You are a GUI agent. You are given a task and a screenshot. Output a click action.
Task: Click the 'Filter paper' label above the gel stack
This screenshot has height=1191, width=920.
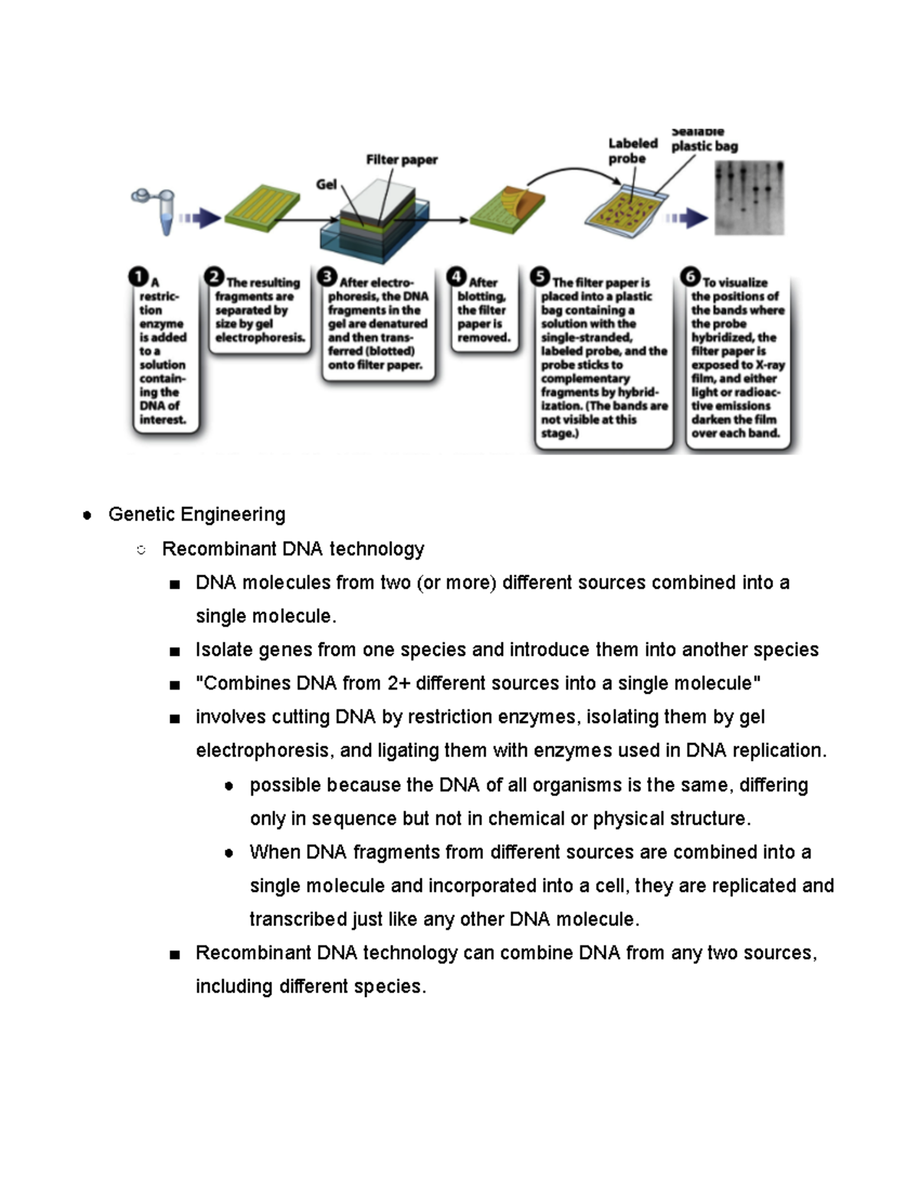click(401, 160)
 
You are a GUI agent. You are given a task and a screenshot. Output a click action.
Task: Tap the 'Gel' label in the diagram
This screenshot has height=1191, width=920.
click(326, 184)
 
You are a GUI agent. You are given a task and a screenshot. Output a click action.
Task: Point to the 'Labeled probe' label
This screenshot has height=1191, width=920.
click(632, 150)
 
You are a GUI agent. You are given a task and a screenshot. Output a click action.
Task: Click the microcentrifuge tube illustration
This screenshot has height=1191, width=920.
click(158, 209)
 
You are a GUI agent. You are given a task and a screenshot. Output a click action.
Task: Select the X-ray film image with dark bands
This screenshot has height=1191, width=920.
click(749, 197)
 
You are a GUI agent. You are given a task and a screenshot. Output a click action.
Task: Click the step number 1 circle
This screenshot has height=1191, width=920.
click(139, 277)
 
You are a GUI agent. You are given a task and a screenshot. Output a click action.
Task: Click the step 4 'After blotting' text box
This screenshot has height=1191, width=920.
click(484, 310)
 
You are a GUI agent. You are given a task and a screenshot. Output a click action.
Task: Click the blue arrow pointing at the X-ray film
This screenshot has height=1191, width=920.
click(687, 219)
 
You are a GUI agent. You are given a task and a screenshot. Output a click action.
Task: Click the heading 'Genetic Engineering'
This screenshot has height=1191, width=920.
click(197, 514)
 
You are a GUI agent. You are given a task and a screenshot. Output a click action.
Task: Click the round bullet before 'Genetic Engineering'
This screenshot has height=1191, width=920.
click(87, 515)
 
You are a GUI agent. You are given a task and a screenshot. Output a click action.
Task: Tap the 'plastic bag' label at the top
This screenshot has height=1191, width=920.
click(704, 146)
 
